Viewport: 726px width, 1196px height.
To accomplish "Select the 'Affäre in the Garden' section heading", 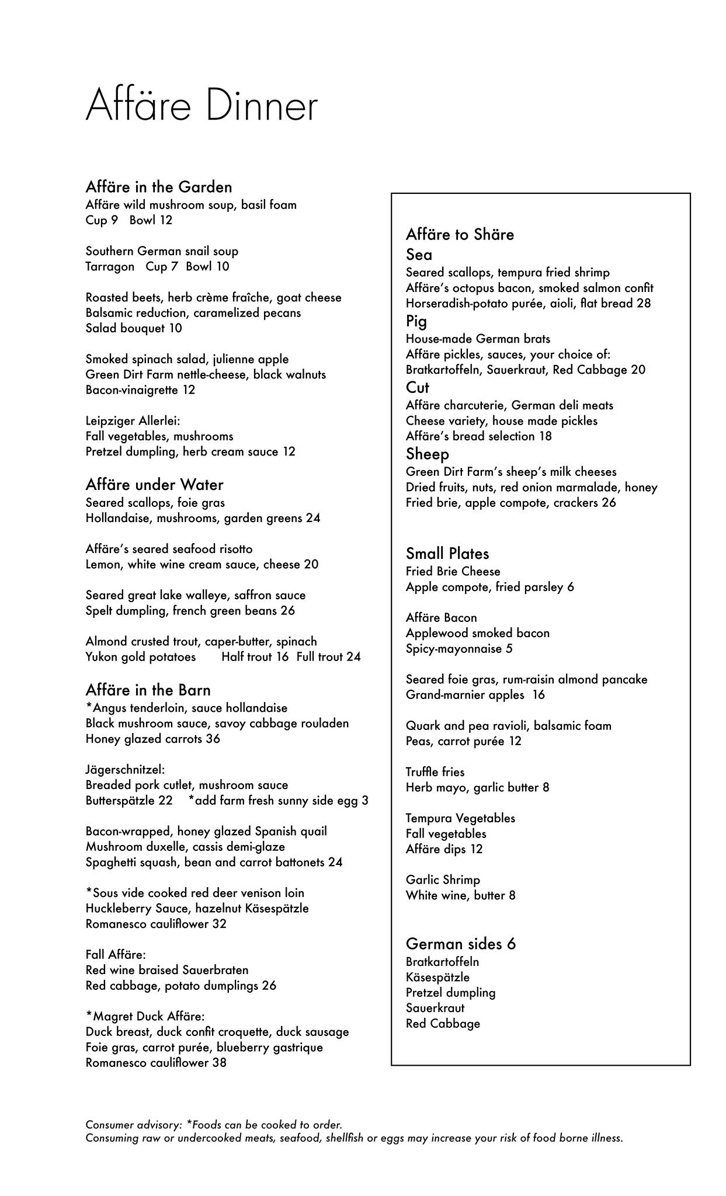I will pos(159,187).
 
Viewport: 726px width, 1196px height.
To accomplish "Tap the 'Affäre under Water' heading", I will pos(154,485).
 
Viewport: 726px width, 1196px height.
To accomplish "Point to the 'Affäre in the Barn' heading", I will pos(148,690).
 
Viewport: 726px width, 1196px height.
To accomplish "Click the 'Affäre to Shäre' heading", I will pos(460,235).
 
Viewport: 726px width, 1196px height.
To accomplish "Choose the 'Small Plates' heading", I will pos(447,554).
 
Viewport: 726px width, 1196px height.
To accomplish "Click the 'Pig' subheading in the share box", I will pos(416,321).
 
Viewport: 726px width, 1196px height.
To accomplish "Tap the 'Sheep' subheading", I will pos(428,454).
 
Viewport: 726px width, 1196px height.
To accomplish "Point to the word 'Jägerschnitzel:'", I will pos(125,770).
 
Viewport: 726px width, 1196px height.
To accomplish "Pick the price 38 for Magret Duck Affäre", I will pos(220,1062).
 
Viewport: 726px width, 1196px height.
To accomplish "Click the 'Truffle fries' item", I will pos(435,772).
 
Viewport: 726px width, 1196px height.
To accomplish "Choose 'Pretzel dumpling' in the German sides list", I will pos(450,992).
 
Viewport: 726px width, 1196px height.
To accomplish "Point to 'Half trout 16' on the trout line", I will pos(255,657).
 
